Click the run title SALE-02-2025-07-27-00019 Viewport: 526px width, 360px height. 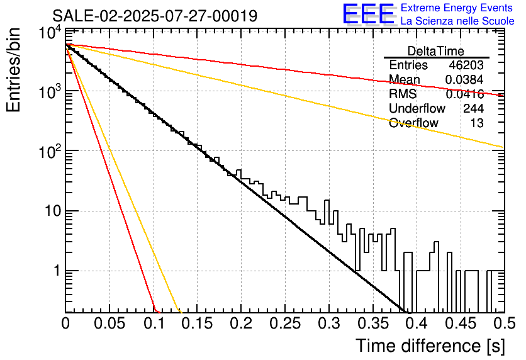154,16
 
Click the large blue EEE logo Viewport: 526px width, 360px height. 368,14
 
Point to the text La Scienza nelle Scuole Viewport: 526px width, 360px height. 457,21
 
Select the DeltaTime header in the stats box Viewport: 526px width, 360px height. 436,51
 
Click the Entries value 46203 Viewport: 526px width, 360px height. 466,65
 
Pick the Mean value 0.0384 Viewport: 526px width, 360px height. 464,80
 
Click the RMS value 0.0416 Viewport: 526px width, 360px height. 464,94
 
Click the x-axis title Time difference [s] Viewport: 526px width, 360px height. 430,346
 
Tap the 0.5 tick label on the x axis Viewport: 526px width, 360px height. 503,324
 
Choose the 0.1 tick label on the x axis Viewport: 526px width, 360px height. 154,324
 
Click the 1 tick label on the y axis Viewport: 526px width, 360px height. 55,271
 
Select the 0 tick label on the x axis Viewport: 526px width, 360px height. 65,324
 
